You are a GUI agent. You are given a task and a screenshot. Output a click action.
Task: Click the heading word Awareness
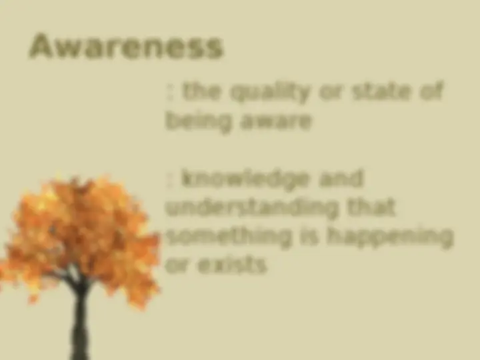pos(126,46)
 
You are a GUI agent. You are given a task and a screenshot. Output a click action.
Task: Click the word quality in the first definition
pos(269,93)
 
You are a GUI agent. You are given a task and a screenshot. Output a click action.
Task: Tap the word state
pos(381,91)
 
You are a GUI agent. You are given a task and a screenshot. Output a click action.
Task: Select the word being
pos(198,121)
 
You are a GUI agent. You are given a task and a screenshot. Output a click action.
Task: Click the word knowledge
pos(245,179)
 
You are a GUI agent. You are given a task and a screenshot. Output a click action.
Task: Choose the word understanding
pos(252,208)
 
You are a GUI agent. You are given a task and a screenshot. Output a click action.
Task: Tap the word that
pos(371,207)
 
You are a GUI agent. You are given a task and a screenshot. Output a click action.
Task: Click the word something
pos(229,237)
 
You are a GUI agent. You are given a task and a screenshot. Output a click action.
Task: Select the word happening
pos(389,239)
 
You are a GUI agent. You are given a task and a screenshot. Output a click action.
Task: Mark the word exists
pos(233,265)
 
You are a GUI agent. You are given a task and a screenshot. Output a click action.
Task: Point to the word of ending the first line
pos(432,91)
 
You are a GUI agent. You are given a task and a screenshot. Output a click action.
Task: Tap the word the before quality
pos(201,91)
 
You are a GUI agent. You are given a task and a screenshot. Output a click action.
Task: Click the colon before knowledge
pos(169,181)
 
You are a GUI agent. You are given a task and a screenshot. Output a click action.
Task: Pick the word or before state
pos(330,93)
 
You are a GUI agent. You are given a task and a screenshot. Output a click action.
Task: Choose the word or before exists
pos(177,266)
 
